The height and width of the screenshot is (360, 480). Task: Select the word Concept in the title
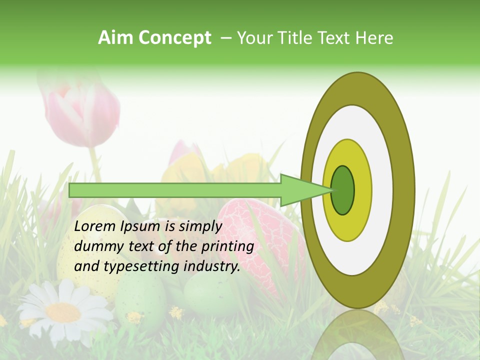(x=174, y=38)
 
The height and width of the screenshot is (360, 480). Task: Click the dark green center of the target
(x=343, y=190)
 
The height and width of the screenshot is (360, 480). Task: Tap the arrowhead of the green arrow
(x=305, y=190)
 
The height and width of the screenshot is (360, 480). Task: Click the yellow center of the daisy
(x=63, y=312)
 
